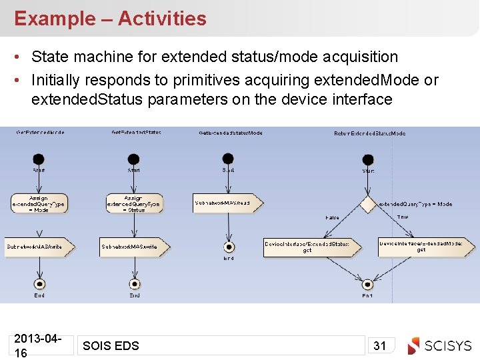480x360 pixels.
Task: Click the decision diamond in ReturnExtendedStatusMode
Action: [368, 204]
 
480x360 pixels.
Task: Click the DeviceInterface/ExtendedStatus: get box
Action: [308, 247]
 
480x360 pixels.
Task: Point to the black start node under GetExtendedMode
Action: [39, 159]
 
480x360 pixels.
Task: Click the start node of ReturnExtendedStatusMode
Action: [368, 159]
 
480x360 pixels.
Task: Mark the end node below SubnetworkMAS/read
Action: [229, 247]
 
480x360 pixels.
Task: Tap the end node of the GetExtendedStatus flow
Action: [135, 283]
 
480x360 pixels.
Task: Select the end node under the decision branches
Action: [367, 284]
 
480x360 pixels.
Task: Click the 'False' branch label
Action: [332, 218]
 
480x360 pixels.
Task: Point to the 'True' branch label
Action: [403, 217]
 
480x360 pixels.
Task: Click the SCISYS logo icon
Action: [414, 345]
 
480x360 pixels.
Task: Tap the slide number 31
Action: [380, 345]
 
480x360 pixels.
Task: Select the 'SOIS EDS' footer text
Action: [111, 345]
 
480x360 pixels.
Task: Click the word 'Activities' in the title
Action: [162, 19]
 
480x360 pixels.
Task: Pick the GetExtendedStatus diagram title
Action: [136, 133]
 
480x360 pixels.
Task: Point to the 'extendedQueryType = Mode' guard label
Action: [416, 204]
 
